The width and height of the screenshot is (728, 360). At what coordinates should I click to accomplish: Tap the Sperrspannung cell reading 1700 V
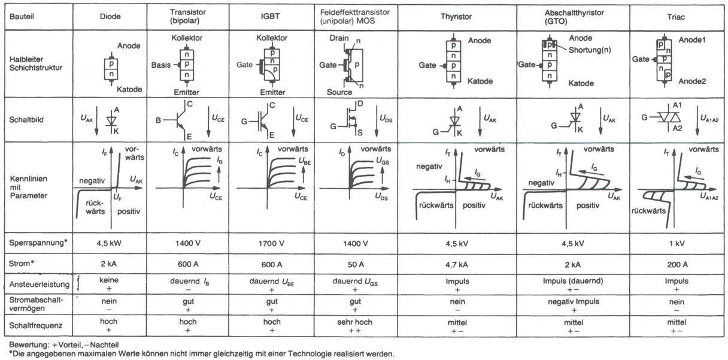pyautogui.click(x=265, y=244)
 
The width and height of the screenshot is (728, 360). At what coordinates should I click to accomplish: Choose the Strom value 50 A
pyautogui.click(x=353, y=264)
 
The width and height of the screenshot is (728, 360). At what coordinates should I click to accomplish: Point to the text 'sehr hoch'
pyautogui.click(x=353, y=322)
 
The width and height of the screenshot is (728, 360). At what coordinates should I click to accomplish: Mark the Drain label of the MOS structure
pyautogui.click(x=338, y=38)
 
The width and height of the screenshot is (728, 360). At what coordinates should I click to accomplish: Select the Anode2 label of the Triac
pyautogui.click(x=693, y=80)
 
